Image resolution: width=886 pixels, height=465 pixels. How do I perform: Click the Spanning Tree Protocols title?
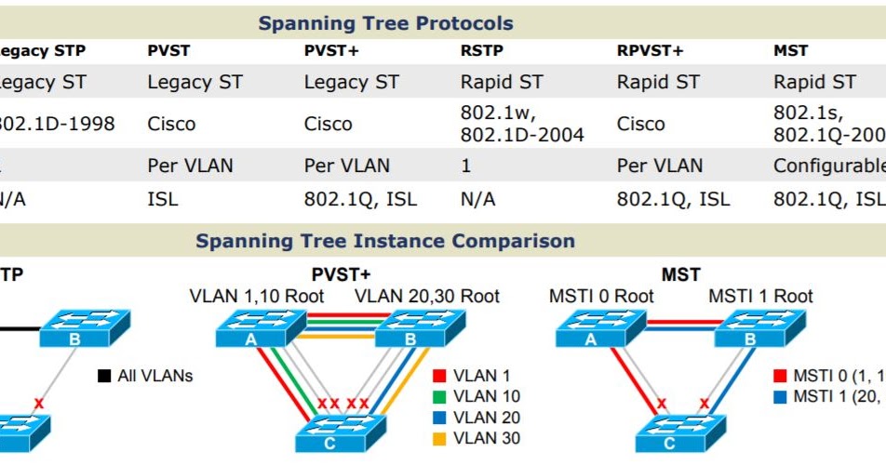[x=385, y=23]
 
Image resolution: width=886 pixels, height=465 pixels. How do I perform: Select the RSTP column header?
[x=482, y=51]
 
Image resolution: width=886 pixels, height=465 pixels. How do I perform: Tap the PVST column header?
[x=168, y=51]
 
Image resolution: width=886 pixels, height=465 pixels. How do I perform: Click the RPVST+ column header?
[x=650, y=51]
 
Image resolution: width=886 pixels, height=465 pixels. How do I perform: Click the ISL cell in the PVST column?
[x=163, y=199]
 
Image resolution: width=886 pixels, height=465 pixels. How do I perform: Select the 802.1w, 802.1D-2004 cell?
[x=522, y=124]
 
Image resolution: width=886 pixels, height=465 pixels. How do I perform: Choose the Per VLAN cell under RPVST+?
[x=659, y=166]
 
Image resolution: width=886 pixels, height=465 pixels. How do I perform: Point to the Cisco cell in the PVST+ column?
[x=328, y=124]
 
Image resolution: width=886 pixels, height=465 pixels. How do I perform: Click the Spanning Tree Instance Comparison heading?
[x=385, y=242]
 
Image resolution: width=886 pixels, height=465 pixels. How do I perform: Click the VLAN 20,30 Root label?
[x=426, y=297]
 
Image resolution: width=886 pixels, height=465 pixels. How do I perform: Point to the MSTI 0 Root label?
[x=600, y=297]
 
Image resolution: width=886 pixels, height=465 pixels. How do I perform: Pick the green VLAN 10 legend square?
[x=439, y=397]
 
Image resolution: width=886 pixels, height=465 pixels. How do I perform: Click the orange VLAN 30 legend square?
[x=439, y=438]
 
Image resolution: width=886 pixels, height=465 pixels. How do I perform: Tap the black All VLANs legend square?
[x=104, y=377]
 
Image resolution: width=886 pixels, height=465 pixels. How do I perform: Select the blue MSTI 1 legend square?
[x=780, y=397]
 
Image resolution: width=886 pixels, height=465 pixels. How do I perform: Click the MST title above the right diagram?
[x=680, y=275]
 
